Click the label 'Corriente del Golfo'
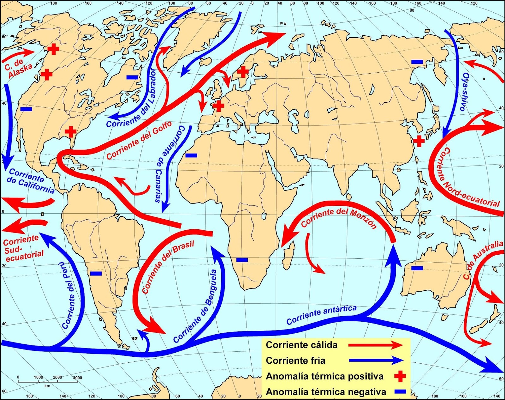point(139,140)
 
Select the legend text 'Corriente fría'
point(295,361)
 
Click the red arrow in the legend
point(376,345)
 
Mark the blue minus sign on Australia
point(417,268)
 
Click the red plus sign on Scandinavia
point(243,72)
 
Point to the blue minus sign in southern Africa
point(242,260)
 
